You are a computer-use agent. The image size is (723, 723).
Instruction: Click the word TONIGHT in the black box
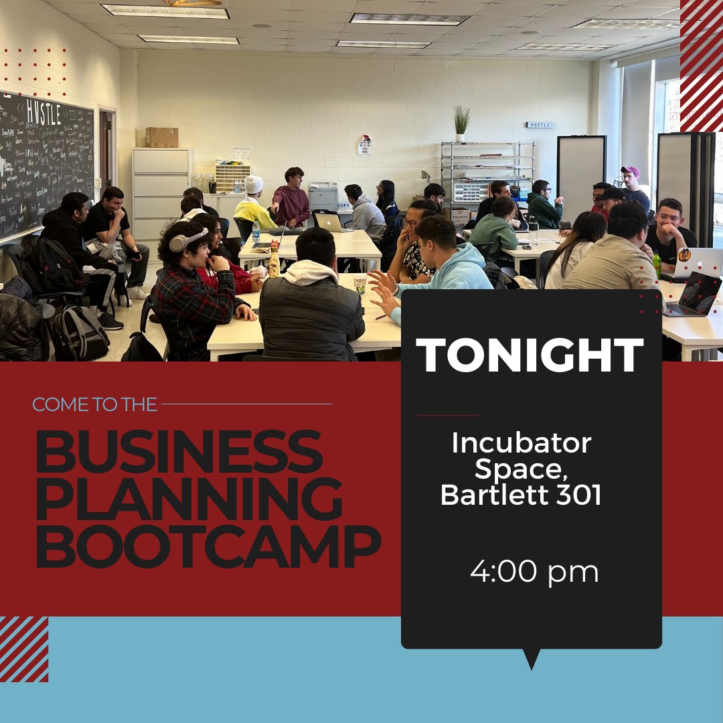(530, 355)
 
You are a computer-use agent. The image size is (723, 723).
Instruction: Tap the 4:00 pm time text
(534, 572)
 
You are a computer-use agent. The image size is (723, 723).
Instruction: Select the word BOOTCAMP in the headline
(208, 548)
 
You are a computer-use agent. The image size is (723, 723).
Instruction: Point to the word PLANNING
(189, 500)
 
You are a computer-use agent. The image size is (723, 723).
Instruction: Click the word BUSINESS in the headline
(179, 453)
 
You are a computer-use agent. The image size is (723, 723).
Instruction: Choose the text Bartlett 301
(521, 495)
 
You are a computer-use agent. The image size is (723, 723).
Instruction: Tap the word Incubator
(521, 443)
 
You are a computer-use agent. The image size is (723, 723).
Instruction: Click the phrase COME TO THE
(94, 404)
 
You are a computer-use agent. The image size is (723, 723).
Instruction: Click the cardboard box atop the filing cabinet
(162, 137)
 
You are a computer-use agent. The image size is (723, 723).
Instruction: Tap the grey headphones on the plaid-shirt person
(186, 240)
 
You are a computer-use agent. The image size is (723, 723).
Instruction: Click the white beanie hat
(254, 184)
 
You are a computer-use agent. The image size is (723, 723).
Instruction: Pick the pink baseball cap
(630, 171)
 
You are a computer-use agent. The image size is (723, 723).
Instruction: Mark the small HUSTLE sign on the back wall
(540, 125)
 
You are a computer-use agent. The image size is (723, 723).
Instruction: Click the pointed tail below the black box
(532, 659)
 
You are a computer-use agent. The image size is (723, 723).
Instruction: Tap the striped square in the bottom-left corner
(24, 649)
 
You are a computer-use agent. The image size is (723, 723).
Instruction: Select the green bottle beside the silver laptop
(657, 266)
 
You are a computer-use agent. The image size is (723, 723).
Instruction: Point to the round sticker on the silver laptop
(684, 254)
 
